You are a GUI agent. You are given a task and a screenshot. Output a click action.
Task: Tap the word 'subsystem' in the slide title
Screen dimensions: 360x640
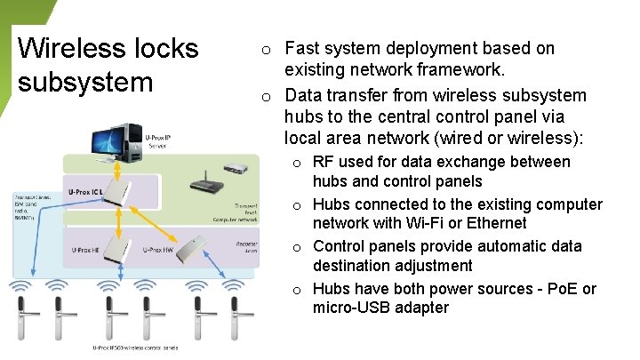pyautogui.click(x=85, y=82)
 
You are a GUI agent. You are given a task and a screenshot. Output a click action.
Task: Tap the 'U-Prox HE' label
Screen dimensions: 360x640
pyautogui.click(x=86, y=250)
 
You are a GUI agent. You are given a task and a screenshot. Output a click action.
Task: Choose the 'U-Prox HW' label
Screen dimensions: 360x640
pyautogui.click(x=159, y=250)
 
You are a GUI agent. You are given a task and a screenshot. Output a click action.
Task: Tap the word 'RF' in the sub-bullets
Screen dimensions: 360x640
pyautogui.click(x=324, y=162)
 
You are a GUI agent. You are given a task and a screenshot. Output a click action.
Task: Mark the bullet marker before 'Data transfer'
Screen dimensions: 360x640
pyautogui.click(x=266, y=96)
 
